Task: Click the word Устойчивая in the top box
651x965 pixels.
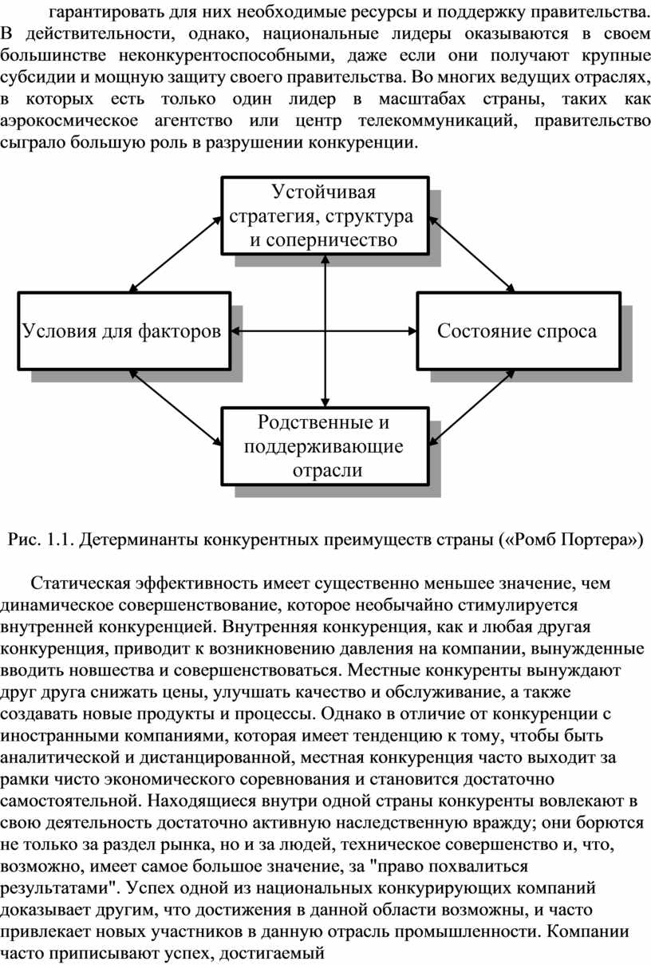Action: coord(324,193)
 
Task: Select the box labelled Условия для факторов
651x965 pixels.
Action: coord(122,331)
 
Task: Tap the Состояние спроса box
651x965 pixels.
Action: coord(517,331)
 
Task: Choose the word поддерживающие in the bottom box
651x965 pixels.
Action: coord(324,445)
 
